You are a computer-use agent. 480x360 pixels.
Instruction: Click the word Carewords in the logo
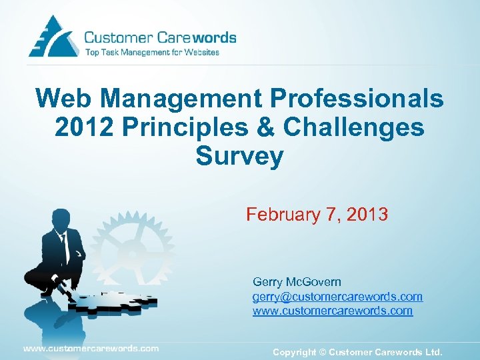pos(201,38)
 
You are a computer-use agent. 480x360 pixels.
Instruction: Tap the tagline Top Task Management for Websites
pos(151,52)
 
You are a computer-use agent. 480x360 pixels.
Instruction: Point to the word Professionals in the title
pos(357,99)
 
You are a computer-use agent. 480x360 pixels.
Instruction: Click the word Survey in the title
pos(239,156)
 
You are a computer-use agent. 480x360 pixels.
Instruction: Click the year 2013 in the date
pos(365,215)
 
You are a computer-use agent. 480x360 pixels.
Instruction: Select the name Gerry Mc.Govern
pos(297,282)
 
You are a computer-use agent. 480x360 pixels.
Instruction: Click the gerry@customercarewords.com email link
pos(337,297)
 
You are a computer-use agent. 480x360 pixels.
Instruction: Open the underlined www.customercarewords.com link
pos(333,311)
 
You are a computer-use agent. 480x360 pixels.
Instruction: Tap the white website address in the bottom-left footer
pos(91,348)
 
